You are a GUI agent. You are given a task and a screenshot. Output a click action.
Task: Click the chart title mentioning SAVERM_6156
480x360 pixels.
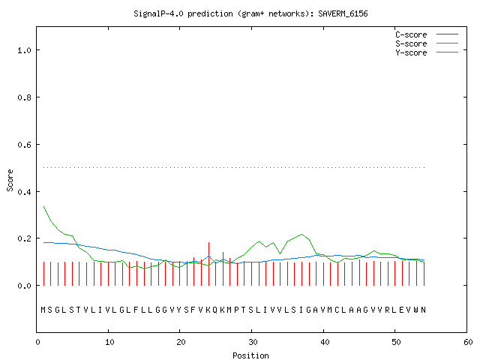point(250,13)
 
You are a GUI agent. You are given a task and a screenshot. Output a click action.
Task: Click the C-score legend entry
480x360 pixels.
point(427,34)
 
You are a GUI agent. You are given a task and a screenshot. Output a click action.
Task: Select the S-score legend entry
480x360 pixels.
point(427,43)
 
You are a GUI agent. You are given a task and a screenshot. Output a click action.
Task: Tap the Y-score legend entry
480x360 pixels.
point(427,52)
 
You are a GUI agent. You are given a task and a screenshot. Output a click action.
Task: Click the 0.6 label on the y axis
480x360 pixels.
point(25,145)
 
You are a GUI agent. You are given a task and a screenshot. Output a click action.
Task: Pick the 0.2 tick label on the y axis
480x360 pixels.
point(25,238)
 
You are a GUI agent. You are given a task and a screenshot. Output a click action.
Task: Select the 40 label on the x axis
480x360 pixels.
point(325,342)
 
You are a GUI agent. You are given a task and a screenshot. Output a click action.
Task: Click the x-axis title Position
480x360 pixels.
point(250,355)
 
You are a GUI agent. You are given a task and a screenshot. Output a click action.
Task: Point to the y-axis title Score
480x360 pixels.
point(10,180)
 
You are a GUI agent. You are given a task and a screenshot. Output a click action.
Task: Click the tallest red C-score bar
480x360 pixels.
point(208,264)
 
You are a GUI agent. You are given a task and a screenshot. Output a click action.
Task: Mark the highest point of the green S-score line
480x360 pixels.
point(43,207)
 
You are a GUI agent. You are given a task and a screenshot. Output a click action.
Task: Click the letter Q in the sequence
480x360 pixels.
point(215,310)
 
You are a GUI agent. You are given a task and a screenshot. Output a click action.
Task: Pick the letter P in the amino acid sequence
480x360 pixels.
point(236,310)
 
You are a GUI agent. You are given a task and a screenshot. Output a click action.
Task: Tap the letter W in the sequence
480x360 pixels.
point(415,310)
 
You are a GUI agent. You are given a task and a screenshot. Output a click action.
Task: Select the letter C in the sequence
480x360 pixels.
point(337,310)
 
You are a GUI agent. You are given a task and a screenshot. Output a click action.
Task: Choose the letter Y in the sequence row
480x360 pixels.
point(179,310)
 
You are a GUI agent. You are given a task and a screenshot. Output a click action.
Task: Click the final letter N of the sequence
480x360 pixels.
point(423,310)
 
